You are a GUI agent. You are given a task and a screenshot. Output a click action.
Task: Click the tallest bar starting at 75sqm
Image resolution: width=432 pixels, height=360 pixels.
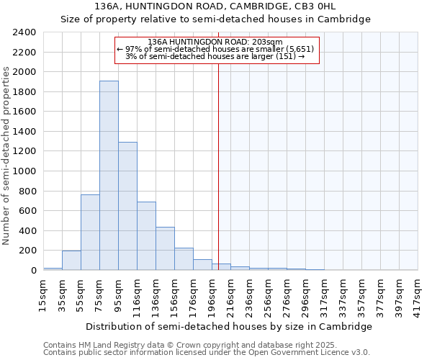(109, 175)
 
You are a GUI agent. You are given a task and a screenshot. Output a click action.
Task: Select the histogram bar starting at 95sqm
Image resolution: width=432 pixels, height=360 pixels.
(127, 206)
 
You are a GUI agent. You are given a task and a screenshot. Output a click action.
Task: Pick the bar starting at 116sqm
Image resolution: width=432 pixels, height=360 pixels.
(146, 235)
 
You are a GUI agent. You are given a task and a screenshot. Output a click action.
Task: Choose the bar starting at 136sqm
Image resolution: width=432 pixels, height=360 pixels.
(165, 248)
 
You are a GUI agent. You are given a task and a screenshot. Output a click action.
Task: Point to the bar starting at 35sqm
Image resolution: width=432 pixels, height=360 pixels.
(71, 261)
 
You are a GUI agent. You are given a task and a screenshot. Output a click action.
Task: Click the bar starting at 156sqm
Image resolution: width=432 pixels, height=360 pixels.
(184, 259)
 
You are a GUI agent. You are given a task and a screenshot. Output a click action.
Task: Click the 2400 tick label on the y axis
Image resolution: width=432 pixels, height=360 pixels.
(24, 33)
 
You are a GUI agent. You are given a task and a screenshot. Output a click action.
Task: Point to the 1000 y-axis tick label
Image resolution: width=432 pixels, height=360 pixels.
(24, 171)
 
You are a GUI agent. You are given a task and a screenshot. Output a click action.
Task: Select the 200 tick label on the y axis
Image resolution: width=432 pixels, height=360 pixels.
(27, 251)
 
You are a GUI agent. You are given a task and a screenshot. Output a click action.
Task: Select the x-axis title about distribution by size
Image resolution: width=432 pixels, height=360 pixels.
(230, 326)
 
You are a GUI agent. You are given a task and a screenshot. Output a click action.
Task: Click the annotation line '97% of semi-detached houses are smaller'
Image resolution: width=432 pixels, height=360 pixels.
(215, 49)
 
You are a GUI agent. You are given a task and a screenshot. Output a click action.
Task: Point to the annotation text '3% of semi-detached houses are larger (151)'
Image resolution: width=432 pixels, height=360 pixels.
(215, 56)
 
